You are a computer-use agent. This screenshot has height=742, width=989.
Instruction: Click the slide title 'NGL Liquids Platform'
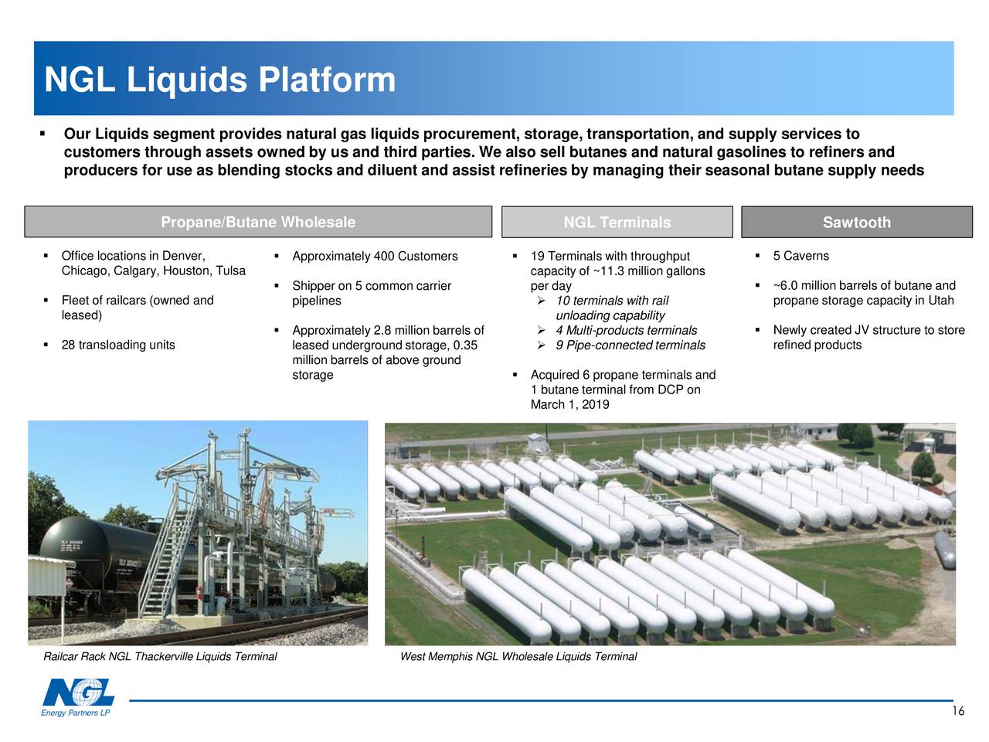[220, 80]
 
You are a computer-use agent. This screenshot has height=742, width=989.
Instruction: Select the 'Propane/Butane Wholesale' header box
[258, 223]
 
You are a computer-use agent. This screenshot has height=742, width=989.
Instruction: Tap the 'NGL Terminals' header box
[617, 223]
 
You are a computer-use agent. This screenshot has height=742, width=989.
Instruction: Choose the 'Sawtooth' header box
[856, 223]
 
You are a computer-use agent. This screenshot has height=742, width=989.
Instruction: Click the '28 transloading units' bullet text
[117, 345]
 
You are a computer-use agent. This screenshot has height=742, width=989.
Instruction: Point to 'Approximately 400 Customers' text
[375, 257]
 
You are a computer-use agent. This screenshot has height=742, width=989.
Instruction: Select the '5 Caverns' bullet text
[800, 256]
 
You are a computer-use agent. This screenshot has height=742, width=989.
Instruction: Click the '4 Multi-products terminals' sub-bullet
[626, 331]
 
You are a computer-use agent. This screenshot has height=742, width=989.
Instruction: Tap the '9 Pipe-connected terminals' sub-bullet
[630, 345]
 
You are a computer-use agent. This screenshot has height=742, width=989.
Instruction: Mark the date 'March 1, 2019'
[569, 404]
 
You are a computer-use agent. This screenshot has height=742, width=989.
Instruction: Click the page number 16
[957, 712]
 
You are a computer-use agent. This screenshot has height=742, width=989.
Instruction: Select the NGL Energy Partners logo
[77, 697]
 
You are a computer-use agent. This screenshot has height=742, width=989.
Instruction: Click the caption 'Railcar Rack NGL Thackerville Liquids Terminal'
[160, 657]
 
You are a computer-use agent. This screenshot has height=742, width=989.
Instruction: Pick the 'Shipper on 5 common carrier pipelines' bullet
[371, 293]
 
